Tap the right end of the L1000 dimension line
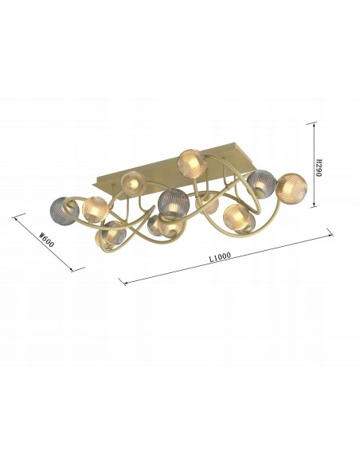coord(331,232)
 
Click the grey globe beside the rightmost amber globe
coord(260,185)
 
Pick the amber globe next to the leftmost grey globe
coord(95,209)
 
